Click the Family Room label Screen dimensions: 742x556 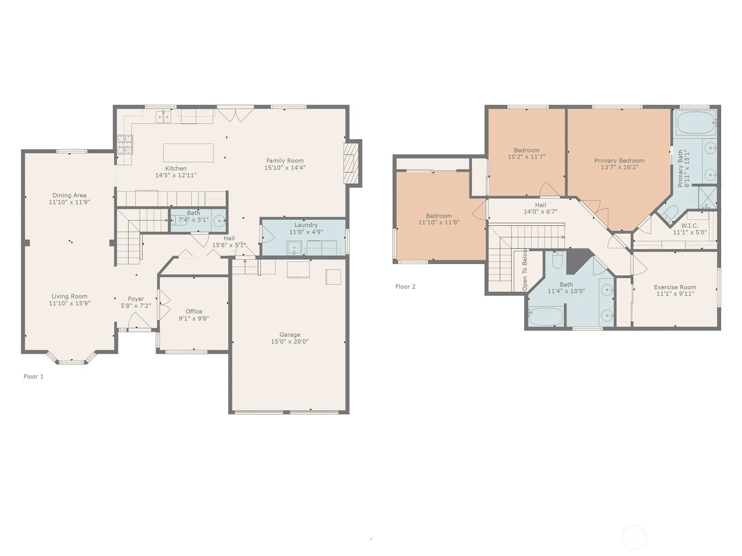pyautogui.click(x=285, y=161)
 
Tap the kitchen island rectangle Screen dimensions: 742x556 pyautogui.click(x=188, y=153)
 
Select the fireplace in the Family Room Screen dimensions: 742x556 pyautogui.click(x=351, y=164)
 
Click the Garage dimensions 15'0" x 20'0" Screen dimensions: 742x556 pyautogui.click(x=290, y=341)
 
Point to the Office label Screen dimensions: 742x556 pyautogui.click(x=194, y=311)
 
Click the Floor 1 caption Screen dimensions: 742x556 pyautogui.click(x=33, y=376)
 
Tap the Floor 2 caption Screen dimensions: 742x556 pyautogui.click(x=405, y=287)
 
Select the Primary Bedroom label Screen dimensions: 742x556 pyautogui.click(x=619, y=161)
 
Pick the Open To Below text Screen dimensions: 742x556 pyautogui.click(x=525, y=269)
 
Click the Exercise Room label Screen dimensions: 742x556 pyautogui.click(x=675, y=287)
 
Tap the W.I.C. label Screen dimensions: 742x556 pyautogui.click(x=690, y=226)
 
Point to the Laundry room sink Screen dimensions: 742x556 pyautogui.click(x=294, y=248)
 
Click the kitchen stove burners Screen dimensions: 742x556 pyautogui.click(x=125, y=145)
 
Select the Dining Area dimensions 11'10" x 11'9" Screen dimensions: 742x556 pyautogui.click(x=70, y=202)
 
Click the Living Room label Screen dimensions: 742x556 pyautogui.click(x=70, y=297)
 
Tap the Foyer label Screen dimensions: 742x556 pyautogui.click(x=136, y=299)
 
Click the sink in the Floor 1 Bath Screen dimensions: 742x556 pyautogui.click(x=219, y=221)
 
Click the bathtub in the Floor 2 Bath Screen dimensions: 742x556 pyautogui.click(x=545, y=316)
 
